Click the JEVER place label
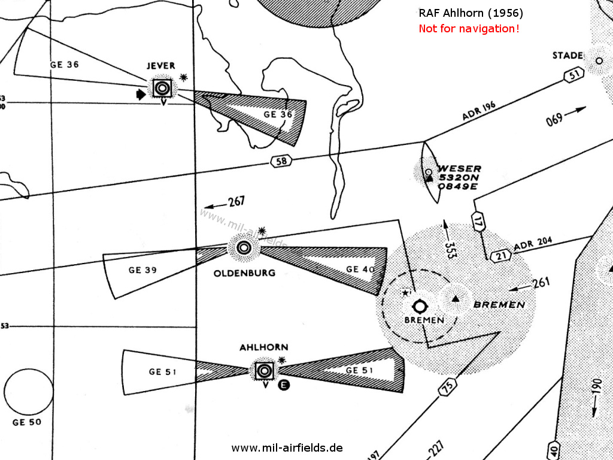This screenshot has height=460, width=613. (x=160, y=65)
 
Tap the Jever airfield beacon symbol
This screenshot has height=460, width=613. (x=161, y=89)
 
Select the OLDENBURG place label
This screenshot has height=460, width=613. (x=244, y=273)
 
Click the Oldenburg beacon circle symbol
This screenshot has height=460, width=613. (x=244, y=247)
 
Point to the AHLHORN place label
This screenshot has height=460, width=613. (x=264, y=347)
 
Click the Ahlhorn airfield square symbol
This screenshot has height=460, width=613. (x=264, y=371)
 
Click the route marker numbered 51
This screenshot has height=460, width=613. (x=573, y=75)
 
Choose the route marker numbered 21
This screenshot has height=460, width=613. (x=500, y=256)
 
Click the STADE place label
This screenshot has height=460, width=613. (x=568, y=56)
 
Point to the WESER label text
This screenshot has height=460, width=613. (x=459, y=169)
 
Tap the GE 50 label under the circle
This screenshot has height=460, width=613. (x=27, y=422)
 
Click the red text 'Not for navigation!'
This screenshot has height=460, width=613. (x=469, y=28)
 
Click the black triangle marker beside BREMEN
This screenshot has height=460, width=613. (x=456, y=298)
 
